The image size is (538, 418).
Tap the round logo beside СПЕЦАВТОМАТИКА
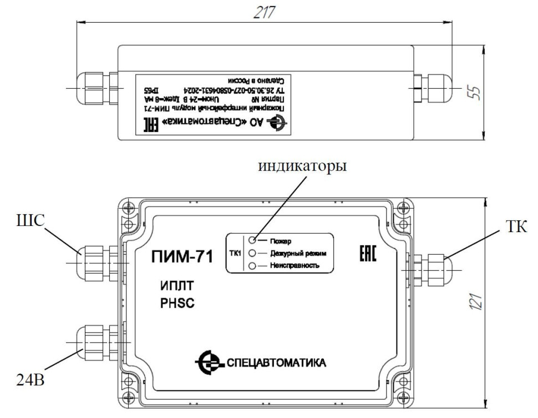point(207,363)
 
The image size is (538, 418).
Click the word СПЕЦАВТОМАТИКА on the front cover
point(276,364)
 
